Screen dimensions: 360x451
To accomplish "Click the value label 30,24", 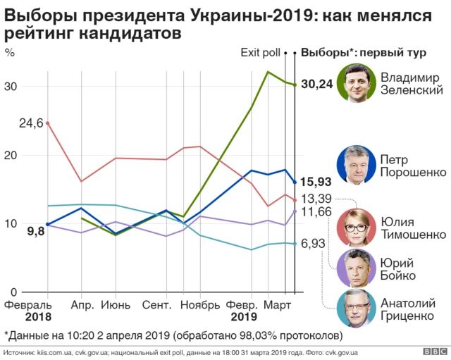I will click(316, 85).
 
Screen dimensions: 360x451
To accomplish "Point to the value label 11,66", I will click(316, 211).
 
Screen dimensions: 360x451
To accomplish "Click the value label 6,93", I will click(314, 243).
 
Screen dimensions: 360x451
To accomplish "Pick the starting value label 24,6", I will click(31, 123).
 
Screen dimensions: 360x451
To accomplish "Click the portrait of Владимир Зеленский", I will click(356, 82).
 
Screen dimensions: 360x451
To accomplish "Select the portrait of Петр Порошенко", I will click(356, 165).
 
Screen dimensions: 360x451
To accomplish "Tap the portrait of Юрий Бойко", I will click(356, 268).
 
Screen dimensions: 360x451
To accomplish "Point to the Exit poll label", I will click(261, 51).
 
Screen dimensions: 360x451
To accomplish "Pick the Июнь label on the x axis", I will click(115, 306).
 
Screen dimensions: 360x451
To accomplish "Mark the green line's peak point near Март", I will click(268, 72).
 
